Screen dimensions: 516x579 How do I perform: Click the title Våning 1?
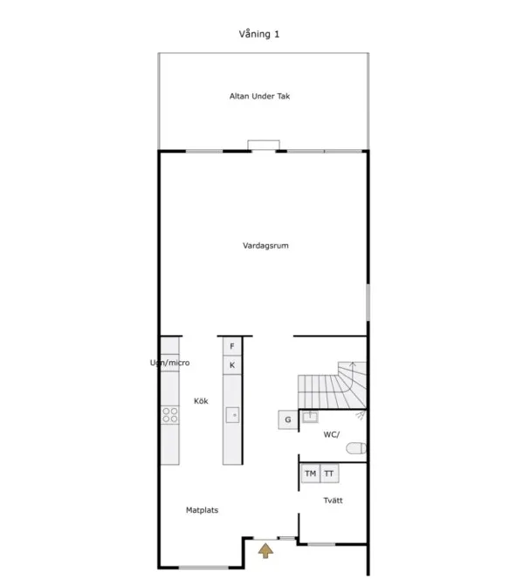258,34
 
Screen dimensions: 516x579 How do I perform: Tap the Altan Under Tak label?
259,96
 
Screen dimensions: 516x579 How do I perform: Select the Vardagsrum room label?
265,246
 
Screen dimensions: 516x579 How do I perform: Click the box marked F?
232,346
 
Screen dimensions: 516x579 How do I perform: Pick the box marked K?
232,365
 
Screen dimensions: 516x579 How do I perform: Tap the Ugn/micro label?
169,363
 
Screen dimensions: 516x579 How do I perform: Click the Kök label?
201,401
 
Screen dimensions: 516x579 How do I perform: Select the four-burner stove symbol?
170,415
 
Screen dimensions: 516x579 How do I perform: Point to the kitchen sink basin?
232,415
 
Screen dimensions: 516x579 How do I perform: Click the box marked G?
288,419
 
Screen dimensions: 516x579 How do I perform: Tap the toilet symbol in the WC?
356,449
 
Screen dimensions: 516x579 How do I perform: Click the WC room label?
331,434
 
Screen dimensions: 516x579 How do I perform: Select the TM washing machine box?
311,473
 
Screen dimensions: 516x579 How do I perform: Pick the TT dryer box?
329,473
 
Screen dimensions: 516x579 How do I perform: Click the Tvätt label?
333,501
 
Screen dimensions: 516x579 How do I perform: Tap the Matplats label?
202,510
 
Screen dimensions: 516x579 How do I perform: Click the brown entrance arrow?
265,550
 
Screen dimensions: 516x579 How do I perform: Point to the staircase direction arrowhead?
353,364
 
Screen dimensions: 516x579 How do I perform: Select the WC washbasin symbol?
310,417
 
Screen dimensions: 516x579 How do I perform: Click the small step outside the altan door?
264,145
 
